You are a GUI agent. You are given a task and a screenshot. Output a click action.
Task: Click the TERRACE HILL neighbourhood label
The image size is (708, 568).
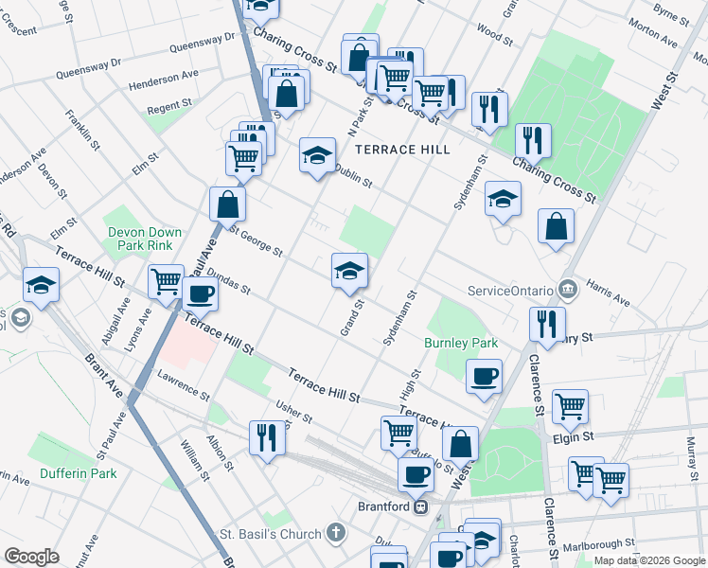401,150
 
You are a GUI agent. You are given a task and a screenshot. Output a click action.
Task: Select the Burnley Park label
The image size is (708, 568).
461,343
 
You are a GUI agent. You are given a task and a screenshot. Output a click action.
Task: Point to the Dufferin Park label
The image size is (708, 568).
78,472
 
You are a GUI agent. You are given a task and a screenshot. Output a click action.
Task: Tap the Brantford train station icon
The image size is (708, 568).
421,506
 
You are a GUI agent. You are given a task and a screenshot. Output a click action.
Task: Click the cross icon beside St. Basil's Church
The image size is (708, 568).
337,534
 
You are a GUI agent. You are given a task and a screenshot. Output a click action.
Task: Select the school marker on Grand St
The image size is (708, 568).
349,271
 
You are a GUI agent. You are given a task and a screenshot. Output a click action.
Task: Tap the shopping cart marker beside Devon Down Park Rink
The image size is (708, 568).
167,281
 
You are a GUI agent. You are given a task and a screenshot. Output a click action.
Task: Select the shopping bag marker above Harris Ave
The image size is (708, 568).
556,226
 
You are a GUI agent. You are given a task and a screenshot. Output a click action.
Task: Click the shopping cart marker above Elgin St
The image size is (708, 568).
571,407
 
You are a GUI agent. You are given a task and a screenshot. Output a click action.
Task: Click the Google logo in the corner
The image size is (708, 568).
32,557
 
